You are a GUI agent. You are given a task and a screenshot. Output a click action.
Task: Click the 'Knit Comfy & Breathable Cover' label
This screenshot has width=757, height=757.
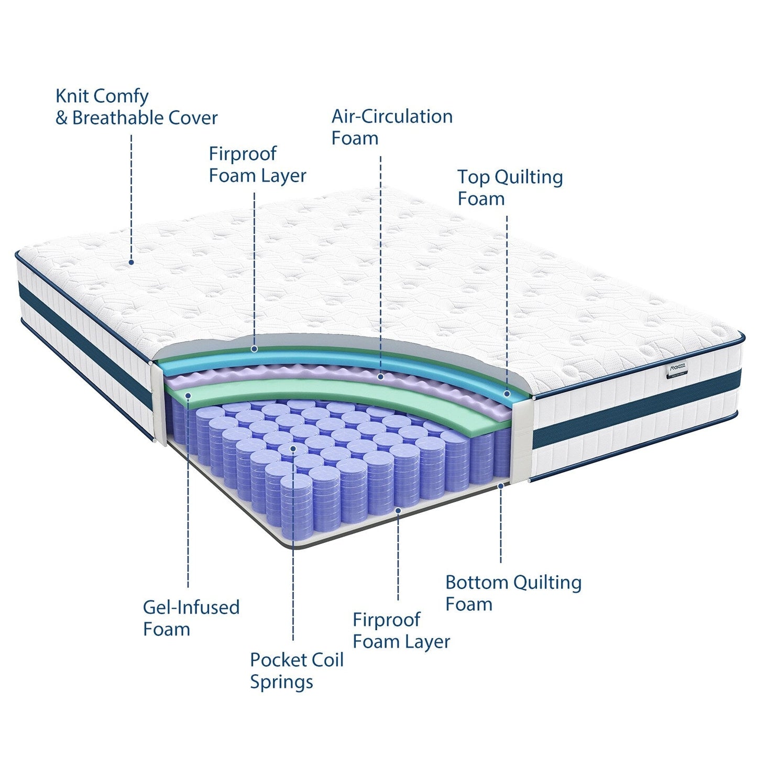tap(136, 107)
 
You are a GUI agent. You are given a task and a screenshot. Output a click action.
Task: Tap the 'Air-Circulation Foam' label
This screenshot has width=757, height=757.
tap(392, 127)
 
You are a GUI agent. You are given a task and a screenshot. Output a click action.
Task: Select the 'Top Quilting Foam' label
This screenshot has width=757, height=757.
tap(510, 188)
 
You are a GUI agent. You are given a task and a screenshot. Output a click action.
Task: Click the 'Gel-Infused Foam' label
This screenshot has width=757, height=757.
tap(191, 618)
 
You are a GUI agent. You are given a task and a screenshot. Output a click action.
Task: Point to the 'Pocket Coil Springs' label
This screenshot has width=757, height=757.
tap(297, 671)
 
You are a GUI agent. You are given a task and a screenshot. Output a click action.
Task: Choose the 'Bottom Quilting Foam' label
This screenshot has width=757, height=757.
tap(513, 593)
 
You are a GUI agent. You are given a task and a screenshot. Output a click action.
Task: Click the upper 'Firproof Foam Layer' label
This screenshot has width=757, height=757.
tap(257, 164)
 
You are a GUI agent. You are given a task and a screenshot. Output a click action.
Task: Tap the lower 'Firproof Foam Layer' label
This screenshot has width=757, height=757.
tap(401, 631)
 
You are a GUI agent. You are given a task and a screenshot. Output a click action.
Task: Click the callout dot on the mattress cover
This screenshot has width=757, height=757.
tap(131, 262)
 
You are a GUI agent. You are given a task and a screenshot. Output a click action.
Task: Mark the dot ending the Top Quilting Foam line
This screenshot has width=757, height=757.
tap(507, 393)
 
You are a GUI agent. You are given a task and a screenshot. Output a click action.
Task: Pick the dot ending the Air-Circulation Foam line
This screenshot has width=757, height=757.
tap(381, 377)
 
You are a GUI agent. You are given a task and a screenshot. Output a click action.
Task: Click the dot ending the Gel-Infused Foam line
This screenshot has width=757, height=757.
tap(189, 394)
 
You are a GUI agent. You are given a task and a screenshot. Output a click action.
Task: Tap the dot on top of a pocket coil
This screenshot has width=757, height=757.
tap(293, 449)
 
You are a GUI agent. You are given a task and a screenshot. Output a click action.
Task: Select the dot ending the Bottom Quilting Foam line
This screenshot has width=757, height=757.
tap(501, 486)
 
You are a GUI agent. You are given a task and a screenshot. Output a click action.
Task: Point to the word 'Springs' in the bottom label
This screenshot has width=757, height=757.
tap(281, 682)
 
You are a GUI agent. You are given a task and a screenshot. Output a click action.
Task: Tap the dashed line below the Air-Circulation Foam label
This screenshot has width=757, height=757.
tap(380, 262)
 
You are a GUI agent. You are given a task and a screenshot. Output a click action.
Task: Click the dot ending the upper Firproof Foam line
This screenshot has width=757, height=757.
tap(255, 348)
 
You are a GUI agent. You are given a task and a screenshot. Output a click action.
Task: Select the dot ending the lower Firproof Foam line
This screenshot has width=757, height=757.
tap(398, 510)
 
